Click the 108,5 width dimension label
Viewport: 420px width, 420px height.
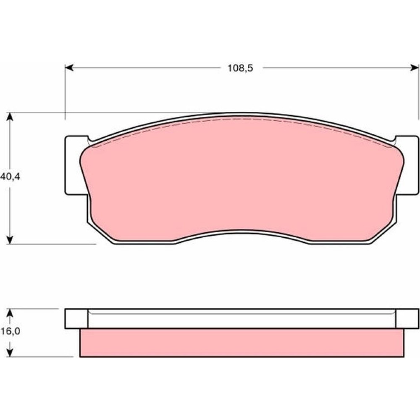point(240,68)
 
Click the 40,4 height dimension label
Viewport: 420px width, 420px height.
point(10,177)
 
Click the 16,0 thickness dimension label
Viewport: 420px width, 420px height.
point(10,331)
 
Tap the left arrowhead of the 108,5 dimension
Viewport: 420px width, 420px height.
point(69,68)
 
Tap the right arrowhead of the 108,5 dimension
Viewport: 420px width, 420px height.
point(415,68)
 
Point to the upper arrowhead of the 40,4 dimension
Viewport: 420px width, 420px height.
point(10,117)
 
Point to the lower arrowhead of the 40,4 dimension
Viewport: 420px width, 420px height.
point(10,240)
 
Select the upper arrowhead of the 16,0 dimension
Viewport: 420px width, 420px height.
point(10,313)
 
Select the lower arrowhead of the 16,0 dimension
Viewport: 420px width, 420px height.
point(10,352)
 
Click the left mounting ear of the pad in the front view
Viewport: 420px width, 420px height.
point(73,165)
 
